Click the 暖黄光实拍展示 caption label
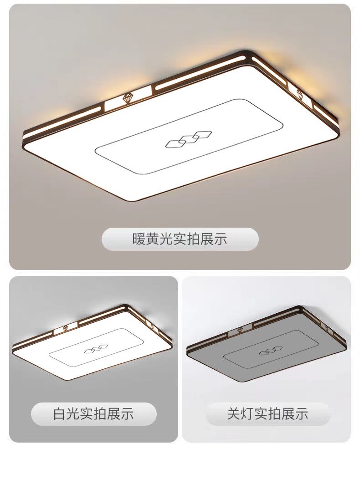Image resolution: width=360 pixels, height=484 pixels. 180,239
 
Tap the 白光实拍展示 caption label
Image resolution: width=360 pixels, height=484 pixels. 93,413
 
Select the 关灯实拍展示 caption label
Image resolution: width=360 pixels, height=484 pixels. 267,413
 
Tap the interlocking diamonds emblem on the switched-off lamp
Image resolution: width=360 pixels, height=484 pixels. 271,351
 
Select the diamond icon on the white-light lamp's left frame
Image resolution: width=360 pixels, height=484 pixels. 66,328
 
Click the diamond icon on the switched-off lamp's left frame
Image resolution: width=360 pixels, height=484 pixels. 240,330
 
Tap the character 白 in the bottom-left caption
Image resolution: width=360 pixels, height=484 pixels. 59,413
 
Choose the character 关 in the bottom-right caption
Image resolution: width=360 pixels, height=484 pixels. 234,413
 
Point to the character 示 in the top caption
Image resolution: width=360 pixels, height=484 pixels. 221,239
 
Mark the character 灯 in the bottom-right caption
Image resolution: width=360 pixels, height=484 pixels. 247,413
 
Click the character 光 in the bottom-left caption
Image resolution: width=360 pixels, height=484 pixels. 73,413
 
